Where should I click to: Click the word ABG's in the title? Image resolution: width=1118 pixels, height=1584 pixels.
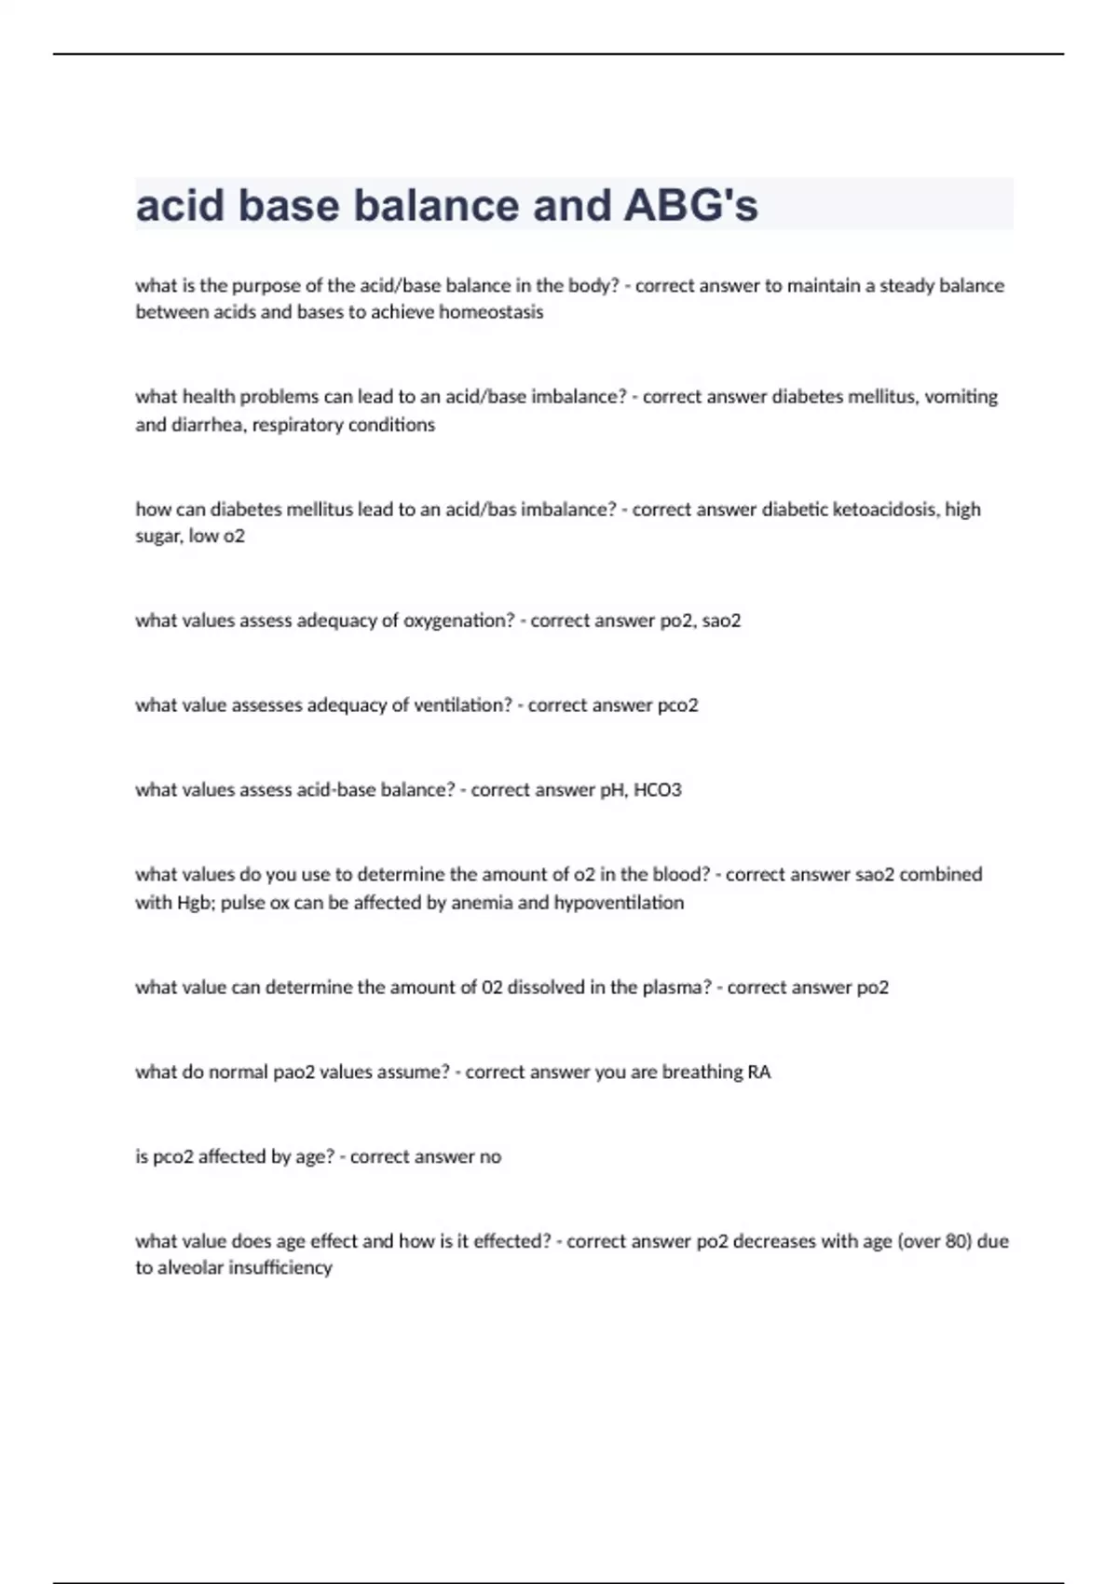690,206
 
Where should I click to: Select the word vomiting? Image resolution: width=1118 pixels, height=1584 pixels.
961,397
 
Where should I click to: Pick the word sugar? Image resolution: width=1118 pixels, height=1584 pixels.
157,537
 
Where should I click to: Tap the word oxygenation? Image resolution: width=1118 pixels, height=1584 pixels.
457,621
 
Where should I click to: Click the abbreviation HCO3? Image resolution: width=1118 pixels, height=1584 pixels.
658,790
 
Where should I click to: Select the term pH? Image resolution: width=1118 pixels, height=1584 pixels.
612,790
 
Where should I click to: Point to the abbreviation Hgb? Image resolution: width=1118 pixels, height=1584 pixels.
195,903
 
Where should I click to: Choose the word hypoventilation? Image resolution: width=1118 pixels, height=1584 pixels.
619,903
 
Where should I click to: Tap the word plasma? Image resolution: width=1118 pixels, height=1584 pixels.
676,988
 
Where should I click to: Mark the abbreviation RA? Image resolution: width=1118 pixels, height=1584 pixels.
759,1072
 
